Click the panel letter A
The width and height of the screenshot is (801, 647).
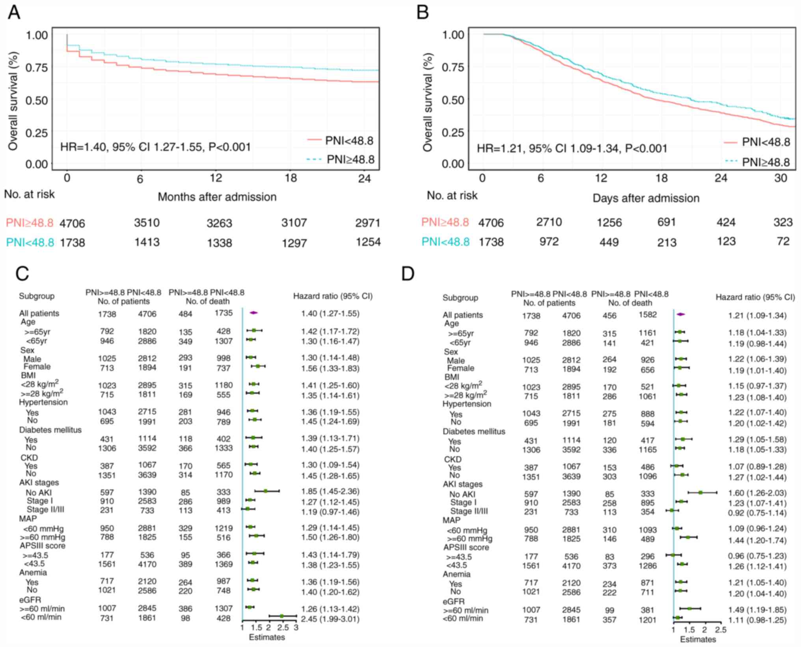click(x=14, y=12)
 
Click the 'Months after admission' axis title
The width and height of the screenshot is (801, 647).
click(x=217, y=197)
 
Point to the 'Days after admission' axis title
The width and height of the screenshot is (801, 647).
click(x=646, y=198)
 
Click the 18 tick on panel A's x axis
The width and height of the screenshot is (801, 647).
click(x=291, y=178)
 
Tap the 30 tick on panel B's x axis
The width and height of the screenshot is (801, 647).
click(x=781, y=178)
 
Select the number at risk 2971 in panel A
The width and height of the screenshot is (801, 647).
click(x=367, y=223)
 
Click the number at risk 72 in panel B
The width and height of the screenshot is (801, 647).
click(x=783, y=241)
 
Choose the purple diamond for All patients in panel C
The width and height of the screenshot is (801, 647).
click(x=253, y=313)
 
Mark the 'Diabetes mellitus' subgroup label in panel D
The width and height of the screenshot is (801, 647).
click(x=473, y=431)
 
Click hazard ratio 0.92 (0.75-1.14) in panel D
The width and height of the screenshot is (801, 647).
click(x=757, y=513)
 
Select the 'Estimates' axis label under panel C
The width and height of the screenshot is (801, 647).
click(x=267, y=637)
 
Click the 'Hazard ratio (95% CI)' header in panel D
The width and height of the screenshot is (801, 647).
click(x=755, y=297)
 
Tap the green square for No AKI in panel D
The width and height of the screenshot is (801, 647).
click(x=700, y=492)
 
